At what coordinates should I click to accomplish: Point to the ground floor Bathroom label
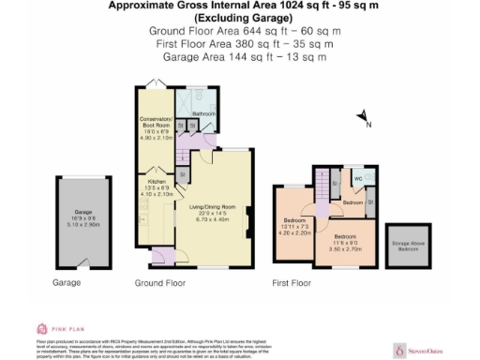coord(204,114)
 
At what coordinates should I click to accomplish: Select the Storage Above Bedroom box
coord(409,246)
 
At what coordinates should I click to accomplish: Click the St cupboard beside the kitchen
coord(182,174)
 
